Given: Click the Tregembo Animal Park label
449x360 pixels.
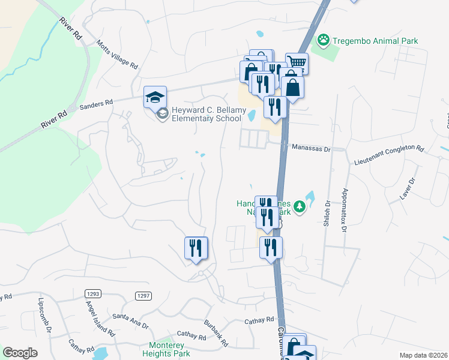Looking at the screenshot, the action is [375, 41].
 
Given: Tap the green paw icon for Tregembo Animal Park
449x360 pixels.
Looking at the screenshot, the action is [324, 40].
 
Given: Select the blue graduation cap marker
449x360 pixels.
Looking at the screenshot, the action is [155, 96].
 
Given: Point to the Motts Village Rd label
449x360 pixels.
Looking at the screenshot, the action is [118, 55].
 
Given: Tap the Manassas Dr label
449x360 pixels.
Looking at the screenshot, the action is [311, 147].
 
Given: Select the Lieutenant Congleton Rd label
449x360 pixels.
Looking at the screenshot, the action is [389, 154].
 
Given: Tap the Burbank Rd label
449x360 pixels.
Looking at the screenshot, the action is [215, 333].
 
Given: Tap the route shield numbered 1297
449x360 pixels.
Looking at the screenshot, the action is [142, 295].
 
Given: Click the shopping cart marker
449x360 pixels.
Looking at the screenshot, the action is [297, 63].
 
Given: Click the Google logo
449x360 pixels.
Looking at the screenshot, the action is [20, 353].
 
